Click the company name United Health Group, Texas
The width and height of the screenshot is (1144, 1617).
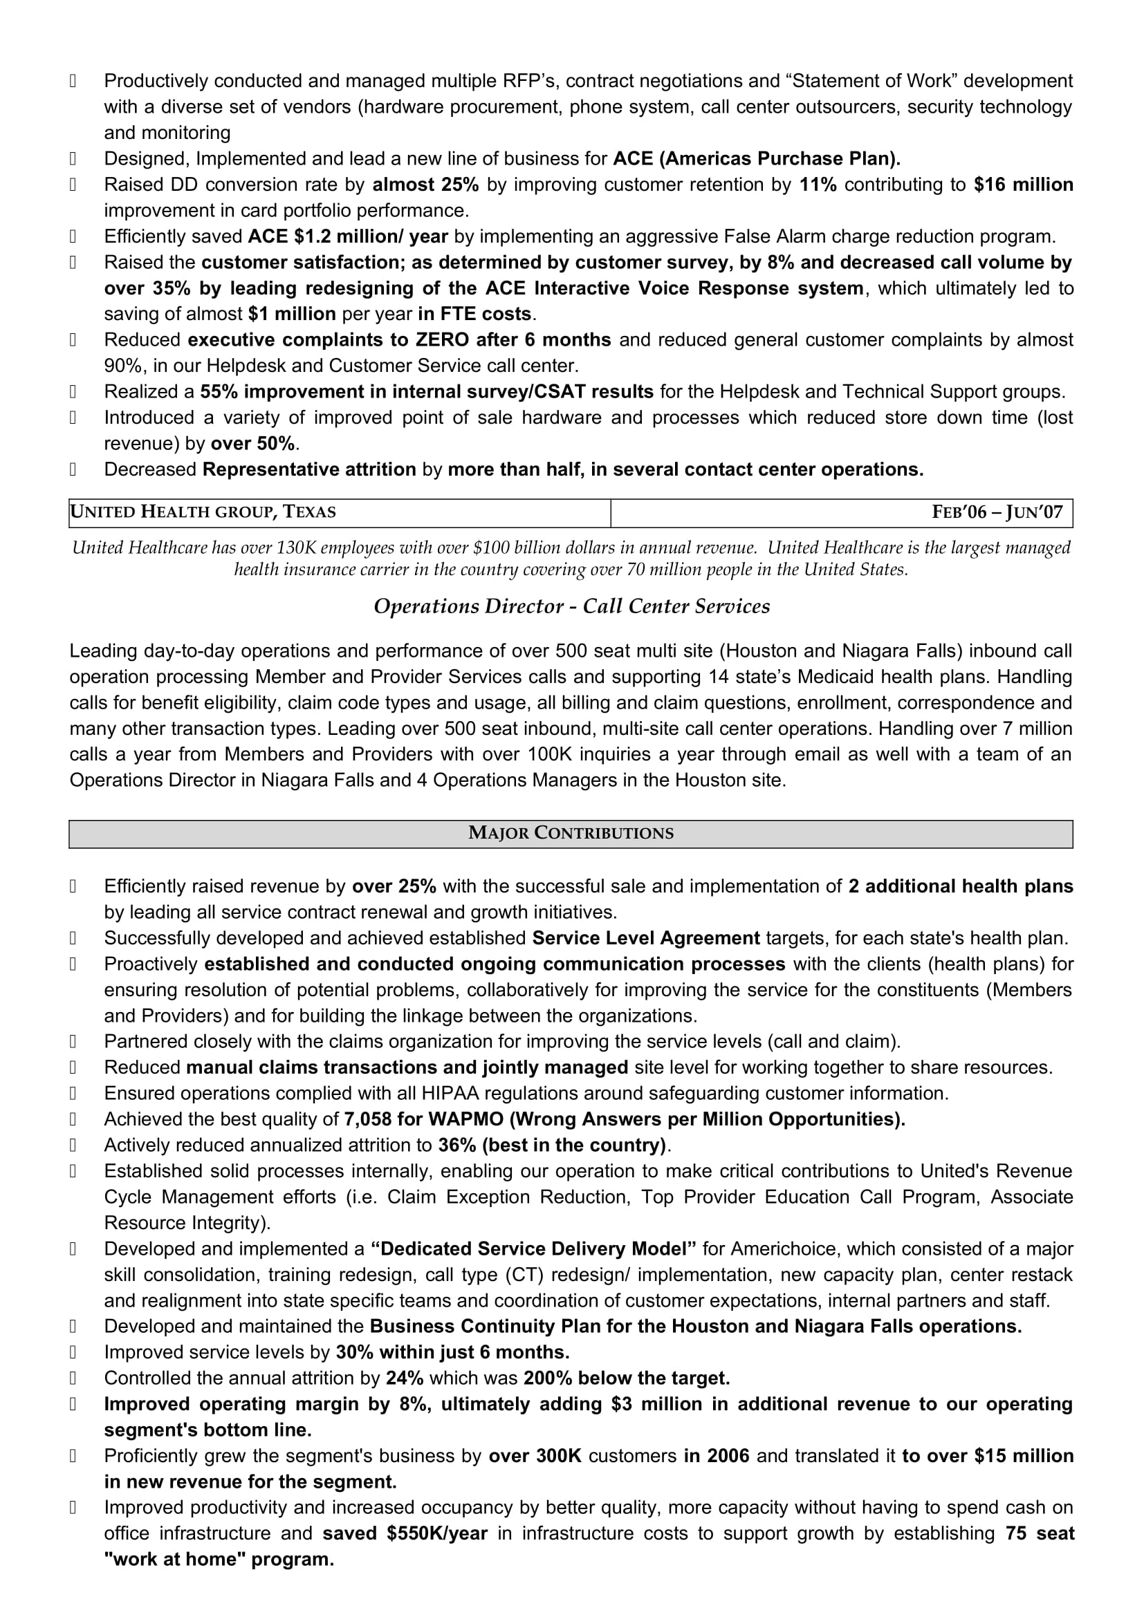(x=203, y=512)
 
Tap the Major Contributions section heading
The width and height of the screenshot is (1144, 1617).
(x=571, y=833)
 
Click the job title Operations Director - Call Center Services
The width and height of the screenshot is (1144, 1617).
(x=571, y=606)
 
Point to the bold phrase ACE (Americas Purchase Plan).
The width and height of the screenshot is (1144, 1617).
(x=757, y=158)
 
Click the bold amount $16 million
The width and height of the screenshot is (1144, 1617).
(x=1023, y=185)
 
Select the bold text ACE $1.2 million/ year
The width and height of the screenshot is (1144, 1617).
(x=347, y=236)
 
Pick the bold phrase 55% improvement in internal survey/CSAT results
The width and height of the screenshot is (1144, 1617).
(x=427, y=391)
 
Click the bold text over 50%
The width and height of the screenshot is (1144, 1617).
(x=253, y=444)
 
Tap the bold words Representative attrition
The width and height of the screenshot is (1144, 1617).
(x=308, y=469)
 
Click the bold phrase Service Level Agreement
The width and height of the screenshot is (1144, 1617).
(x=645, y=938)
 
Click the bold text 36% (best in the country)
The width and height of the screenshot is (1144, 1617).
(x=551, y=1145)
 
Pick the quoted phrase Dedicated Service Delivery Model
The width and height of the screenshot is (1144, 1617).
(x=533, y=1249)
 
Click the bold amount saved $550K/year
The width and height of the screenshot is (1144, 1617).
(x=405, y=1534)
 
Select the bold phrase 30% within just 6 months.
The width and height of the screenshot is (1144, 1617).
(x=452, y=1352)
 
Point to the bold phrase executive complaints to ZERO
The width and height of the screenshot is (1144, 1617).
(x=328, y=339)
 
